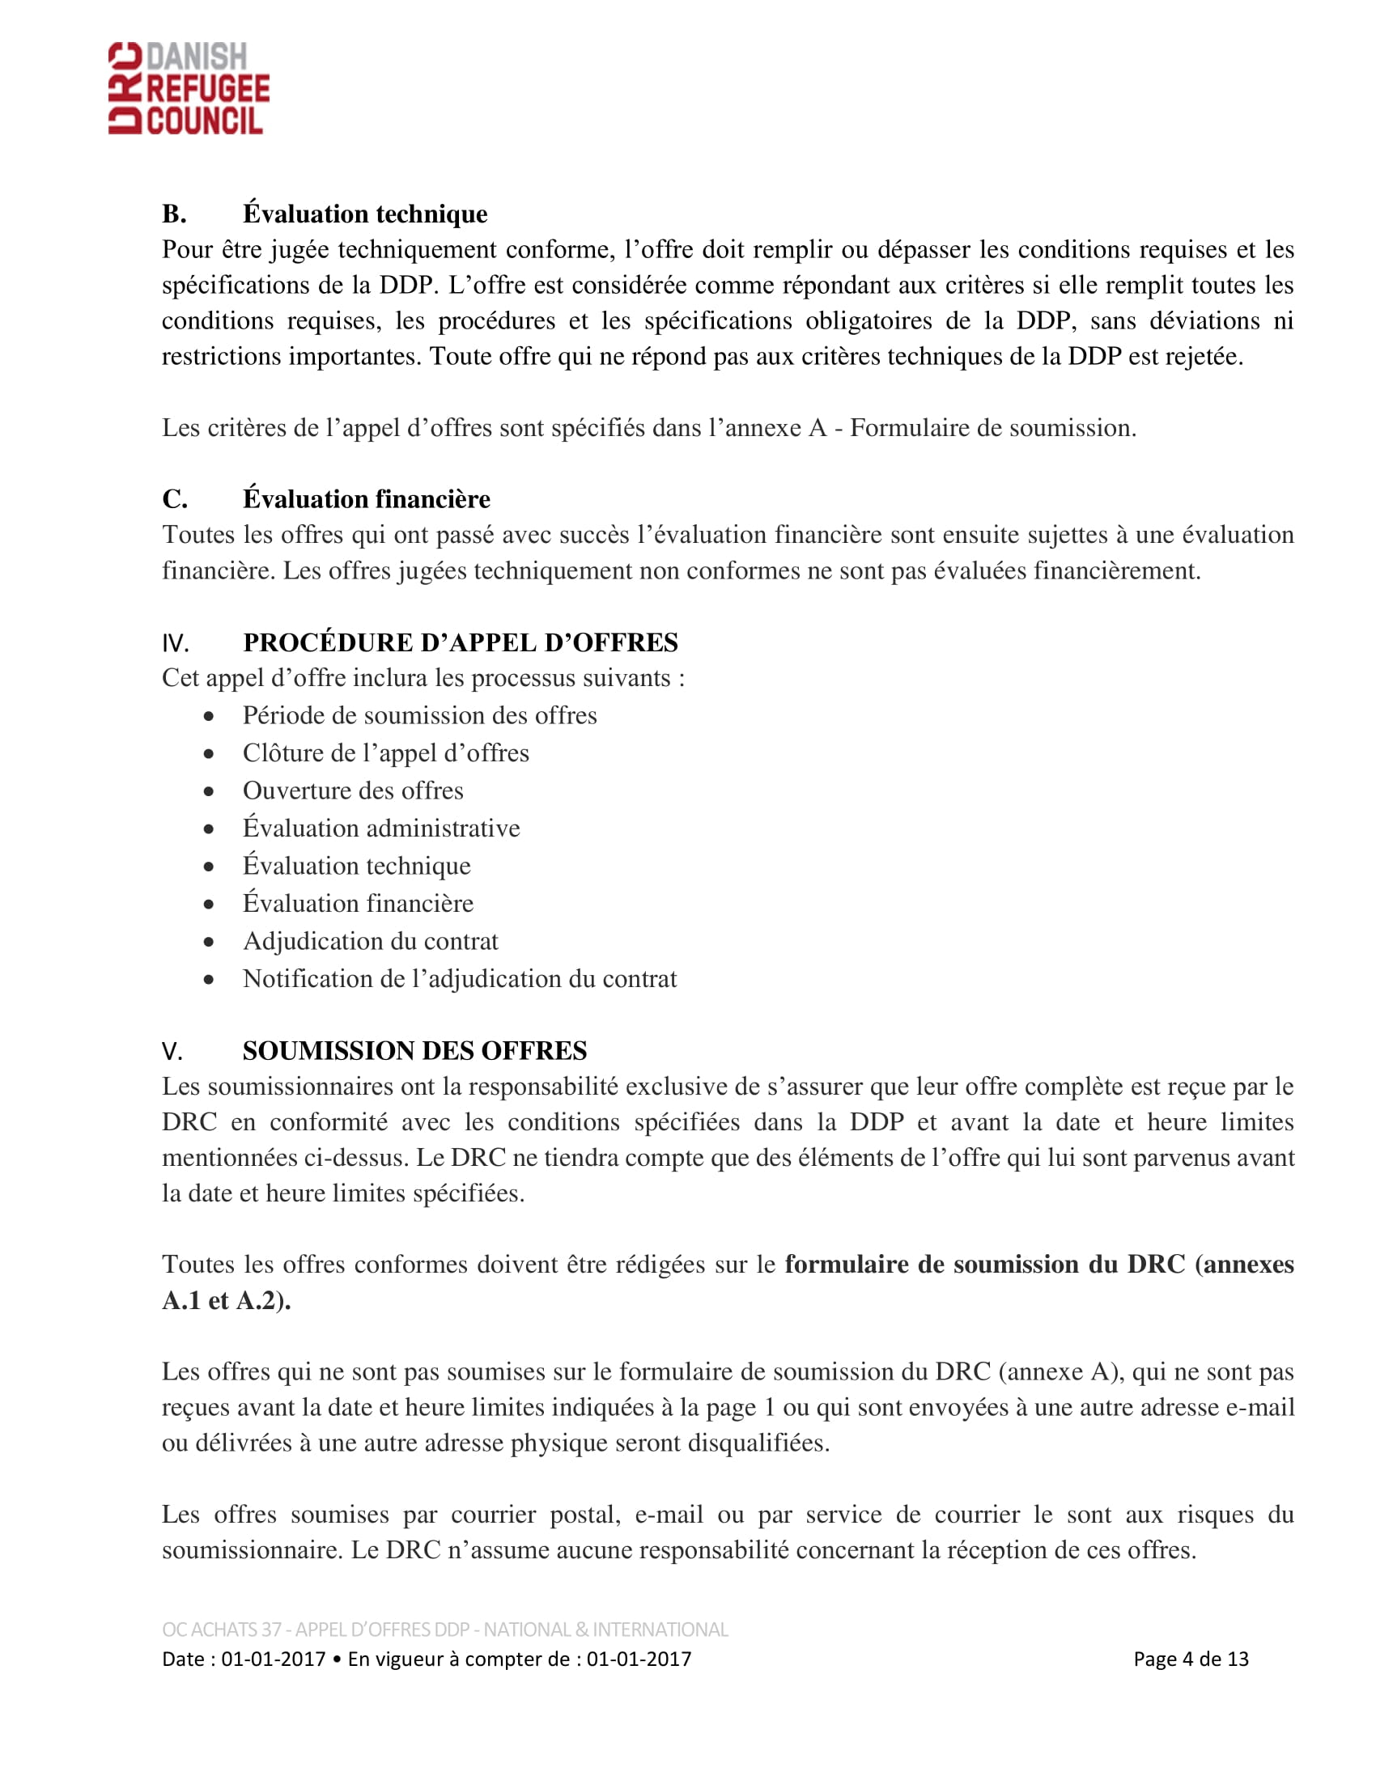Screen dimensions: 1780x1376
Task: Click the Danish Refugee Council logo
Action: coord(189,88)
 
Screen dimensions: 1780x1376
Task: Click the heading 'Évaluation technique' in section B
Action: coord(364,214)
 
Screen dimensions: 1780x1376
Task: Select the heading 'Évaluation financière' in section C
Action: coord(366,498)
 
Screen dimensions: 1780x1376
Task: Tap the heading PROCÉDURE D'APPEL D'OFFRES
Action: coord(460,642)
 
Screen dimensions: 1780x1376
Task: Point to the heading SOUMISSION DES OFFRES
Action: coord(414,1050)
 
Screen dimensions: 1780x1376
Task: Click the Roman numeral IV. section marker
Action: coord(176,644)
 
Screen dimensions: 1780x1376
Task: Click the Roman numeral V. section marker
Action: coord(172,1051)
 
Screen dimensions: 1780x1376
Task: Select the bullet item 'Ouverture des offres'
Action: coord(353,790)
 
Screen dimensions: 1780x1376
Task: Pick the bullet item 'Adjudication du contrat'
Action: coord(370,941)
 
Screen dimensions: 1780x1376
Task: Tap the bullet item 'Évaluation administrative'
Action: coord(380,828)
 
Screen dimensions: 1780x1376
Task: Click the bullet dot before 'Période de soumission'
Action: coord(210,716)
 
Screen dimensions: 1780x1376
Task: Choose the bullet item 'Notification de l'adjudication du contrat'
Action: coord(460,979)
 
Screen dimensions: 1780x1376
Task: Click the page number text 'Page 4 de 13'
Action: coord(1190,1659)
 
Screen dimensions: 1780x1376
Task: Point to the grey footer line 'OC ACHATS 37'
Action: coord(444,1630)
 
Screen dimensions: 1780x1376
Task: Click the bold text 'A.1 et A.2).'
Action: coord(227,1301)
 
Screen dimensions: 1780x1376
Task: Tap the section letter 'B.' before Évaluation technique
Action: coord(174,214)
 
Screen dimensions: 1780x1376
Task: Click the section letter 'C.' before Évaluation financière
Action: coord(175,499)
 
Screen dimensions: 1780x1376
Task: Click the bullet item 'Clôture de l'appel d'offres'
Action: coord(385,753)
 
